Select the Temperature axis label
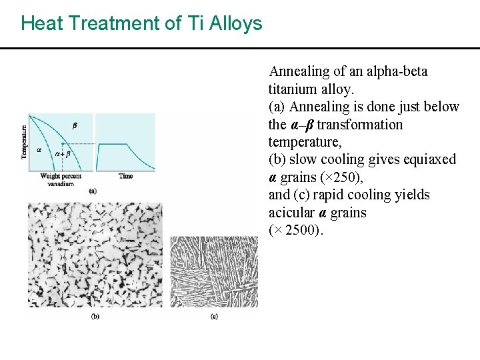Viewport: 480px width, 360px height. point(25,142)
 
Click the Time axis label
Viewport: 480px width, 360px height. point(125,176)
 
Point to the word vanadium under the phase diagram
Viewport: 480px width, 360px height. point(61,183)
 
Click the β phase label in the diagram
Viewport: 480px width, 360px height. point(74,125)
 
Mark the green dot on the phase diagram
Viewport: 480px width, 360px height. point(62,143)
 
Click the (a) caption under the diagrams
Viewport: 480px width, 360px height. point(92,191)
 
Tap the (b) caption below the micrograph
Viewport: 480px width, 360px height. point(95,315)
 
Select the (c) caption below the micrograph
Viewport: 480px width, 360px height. point(213,315)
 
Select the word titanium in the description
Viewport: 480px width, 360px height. point(292,89)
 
